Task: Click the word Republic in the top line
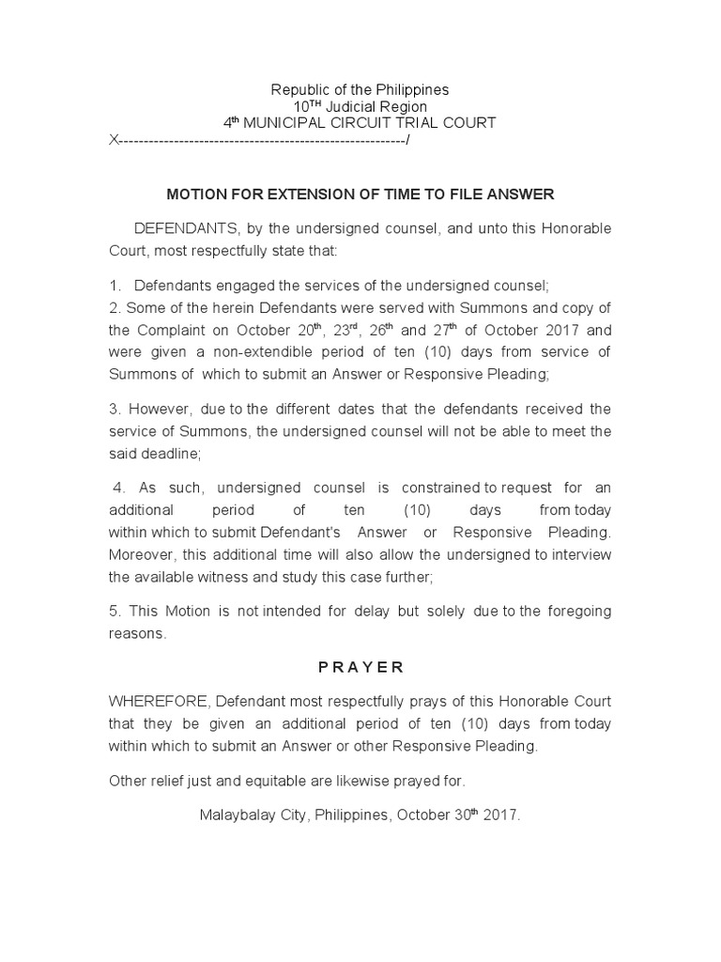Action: [299, 90]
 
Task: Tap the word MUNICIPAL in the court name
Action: [292, 124]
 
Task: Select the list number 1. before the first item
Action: [115, 286]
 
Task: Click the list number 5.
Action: [115, 612]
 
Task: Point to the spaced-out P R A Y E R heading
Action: [360, 667]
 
